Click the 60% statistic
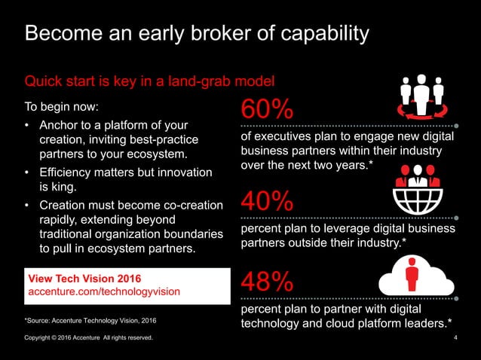[267, 109]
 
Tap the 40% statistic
[267, 201]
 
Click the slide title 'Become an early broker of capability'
[197, 34]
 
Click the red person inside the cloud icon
[412, 276]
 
